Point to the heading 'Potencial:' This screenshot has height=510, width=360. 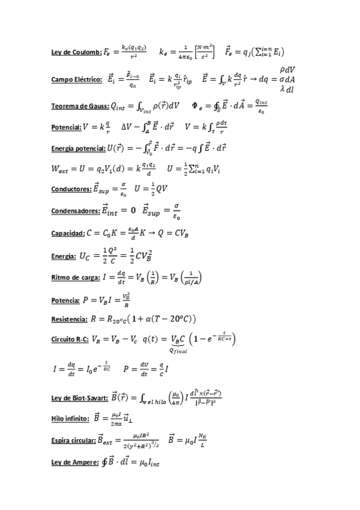pyautogui.click(x=66, y=127)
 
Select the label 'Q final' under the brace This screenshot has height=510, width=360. pyautogui.click(x=178, y=351)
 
